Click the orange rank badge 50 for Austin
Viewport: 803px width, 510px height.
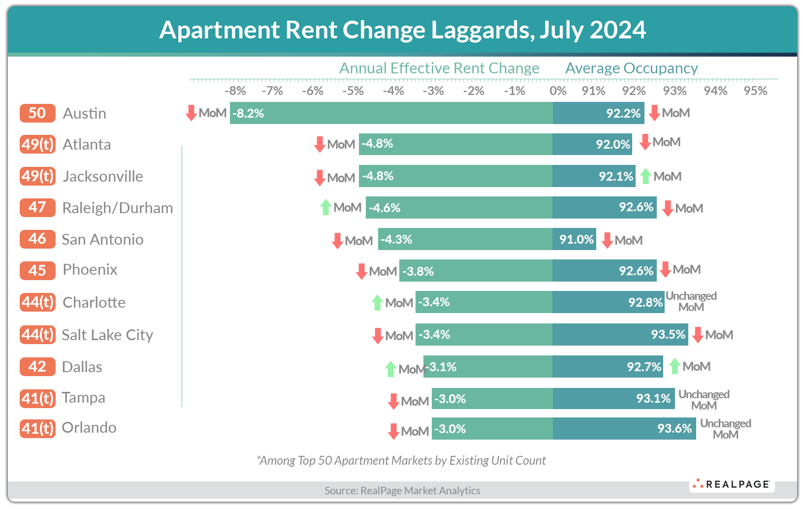37,113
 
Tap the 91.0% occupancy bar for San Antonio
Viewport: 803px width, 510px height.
574,239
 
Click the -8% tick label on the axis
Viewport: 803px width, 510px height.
235,91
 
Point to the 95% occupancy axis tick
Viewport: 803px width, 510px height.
755,91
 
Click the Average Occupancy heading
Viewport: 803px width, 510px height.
631,68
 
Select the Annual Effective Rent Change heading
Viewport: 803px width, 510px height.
439,68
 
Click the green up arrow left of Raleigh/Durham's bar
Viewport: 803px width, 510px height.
325,207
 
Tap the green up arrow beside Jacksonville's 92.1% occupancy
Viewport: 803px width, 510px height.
645,176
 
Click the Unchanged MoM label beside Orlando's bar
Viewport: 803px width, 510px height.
725,429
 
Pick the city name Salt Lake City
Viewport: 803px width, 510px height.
107,335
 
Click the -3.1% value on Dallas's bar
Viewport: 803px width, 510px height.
442,367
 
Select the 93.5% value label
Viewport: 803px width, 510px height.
668,335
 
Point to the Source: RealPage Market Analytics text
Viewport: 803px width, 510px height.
402,490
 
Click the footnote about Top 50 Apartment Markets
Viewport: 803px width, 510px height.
401,460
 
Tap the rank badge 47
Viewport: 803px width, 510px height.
37,207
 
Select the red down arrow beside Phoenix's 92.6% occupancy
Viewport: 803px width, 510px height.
665,270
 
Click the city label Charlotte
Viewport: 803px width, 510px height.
94,302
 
